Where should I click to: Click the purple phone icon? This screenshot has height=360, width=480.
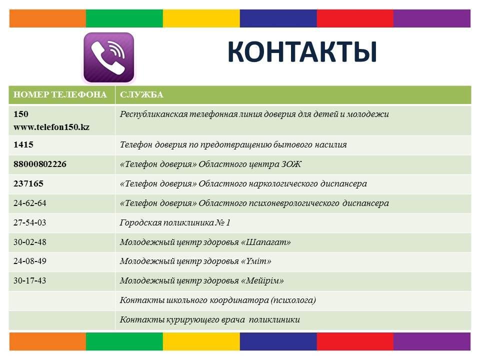108,57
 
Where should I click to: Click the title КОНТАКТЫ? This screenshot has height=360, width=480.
302,51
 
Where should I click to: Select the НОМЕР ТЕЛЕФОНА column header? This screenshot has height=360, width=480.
60,94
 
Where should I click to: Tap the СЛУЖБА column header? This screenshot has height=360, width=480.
141,94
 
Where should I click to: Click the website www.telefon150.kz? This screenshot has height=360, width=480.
51,127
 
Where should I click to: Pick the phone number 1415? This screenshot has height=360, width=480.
23,144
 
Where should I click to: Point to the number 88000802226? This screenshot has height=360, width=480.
40,164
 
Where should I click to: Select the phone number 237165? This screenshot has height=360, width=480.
28,183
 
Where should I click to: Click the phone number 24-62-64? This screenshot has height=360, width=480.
29,203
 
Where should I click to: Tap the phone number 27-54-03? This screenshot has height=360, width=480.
29,222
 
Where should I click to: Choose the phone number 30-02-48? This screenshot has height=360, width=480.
29,242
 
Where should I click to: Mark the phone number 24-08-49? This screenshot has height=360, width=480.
29,261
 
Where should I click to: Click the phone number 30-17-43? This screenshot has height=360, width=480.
29,280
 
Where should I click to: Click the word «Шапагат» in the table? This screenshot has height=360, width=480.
266,242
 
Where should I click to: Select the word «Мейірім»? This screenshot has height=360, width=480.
262,280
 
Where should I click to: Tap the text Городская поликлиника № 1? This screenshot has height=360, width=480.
175,222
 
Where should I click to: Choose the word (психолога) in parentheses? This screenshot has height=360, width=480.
293,300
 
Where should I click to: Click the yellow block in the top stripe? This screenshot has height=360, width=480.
201,18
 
